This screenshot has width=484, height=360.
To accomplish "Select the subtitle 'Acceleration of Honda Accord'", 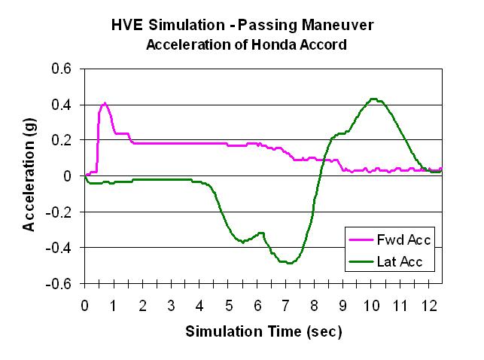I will point(246,44).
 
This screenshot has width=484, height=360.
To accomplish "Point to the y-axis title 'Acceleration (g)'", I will point(29,175).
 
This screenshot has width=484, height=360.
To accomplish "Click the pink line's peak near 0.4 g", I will point(105,103).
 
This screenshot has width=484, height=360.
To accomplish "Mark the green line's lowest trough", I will point(288,263).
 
